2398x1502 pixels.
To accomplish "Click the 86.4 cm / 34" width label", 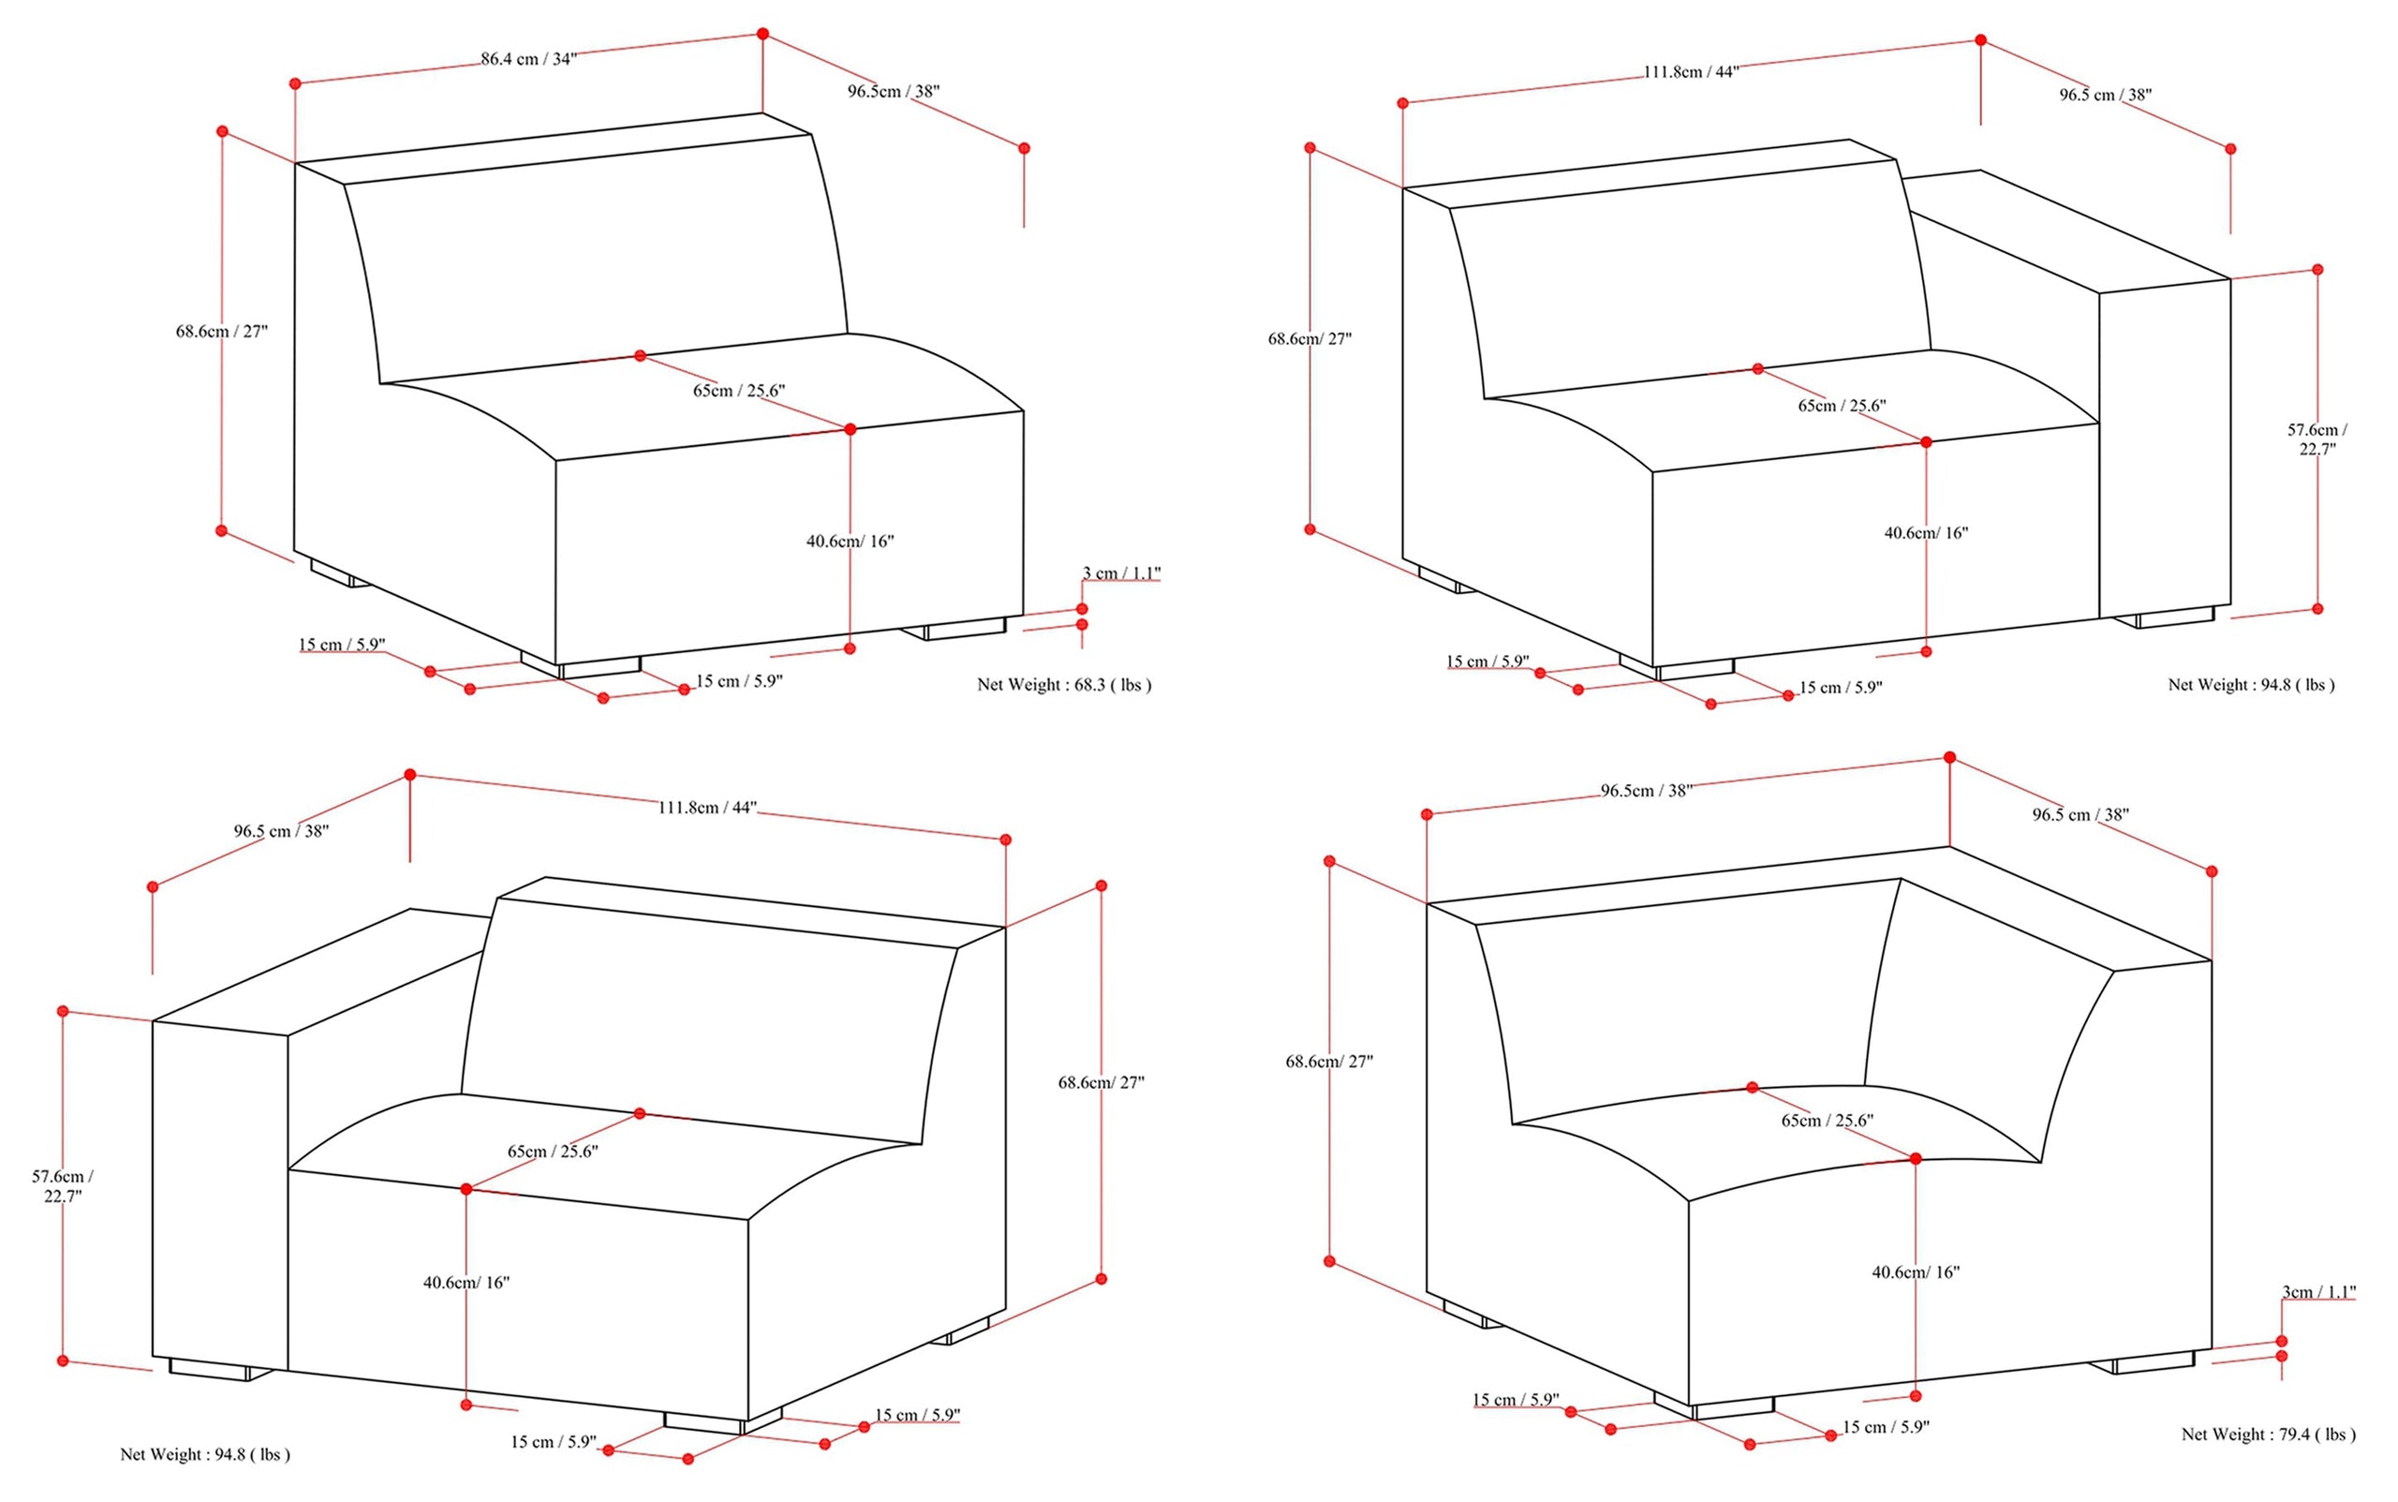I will coord(528,59).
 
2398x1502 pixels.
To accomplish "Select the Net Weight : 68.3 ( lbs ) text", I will coord(1063,684).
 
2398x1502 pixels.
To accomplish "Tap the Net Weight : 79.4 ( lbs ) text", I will coord(2268,1434).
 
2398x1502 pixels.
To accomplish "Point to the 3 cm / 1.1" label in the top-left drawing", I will coord(1121,573).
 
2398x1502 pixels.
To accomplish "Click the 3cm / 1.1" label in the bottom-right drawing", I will coord(2318,1291).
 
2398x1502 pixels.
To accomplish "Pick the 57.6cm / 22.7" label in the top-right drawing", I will coord(2317,439).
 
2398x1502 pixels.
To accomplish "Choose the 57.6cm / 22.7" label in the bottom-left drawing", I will coord(62,1185).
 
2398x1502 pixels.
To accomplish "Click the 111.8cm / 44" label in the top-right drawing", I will coord(1691,71).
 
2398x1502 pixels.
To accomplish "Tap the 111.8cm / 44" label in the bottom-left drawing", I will coord(707,807).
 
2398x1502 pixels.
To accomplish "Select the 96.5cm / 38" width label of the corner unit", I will coord(1645,791).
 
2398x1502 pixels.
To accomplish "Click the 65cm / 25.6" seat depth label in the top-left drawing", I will coord(739,391).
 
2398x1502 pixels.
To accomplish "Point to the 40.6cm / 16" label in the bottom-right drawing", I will coord(1916,1271).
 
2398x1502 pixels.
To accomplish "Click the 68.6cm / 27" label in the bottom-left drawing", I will coord(1101,1082).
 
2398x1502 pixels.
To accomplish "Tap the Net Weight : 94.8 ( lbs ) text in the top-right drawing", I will coord(2251,684).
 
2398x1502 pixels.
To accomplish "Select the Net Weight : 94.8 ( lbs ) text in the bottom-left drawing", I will coord(204,1453).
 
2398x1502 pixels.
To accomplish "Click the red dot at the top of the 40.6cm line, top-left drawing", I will coord(850,429).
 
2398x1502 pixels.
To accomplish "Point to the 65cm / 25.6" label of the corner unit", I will coord(1827,1121).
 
